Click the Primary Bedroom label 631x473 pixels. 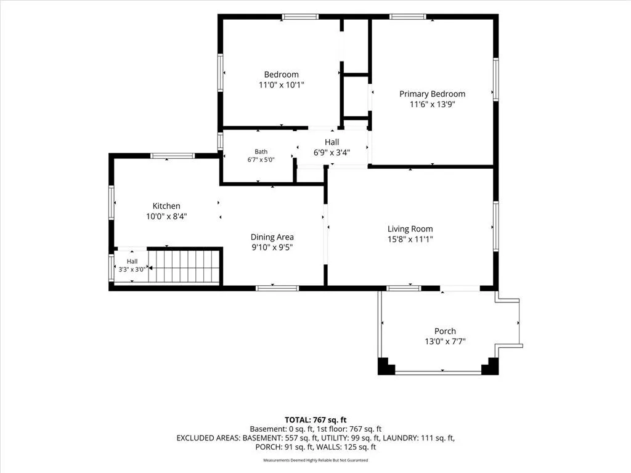[432, 94]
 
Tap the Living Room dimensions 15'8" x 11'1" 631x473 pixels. [410, 240]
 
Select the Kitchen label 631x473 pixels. [166, 206]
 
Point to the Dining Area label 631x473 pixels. [272, 237]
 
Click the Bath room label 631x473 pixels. [261, 152]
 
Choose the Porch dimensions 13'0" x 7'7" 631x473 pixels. [445, 341]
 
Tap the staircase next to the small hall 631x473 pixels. [184, 266]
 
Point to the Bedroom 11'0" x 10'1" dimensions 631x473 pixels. [281, 85]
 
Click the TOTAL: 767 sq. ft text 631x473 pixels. [315, 420]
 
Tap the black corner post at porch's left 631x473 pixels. [386, 366]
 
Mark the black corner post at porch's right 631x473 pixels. [490, 366]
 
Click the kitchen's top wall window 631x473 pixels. [173, 156]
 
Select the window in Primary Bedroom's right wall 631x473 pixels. [496, 79]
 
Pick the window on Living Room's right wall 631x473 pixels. [496, 227]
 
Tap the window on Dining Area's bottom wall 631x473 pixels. [277, 288]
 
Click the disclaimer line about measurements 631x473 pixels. [315, 460]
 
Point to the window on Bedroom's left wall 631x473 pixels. [220, 73]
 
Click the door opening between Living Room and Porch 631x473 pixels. [460, 288]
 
